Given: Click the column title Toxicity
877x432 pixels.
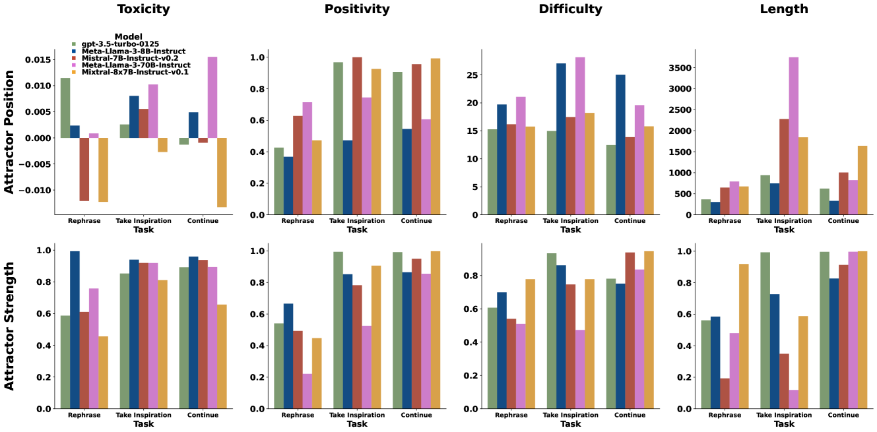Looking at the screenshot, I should pyautogui.click(x=143, y=9).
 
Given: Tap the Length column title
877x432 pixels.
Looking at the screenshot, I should pyautogui.click(x=784, y=9).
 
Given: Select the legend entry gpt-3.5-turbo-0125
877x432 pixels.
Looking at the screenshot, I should pyautogui.click(x=115, y=44).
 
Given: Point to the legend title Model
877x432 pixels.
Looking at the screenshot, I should pyautogui.click(x=128, y=36).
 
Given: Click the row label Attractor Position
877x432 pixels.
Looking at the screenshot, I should pyautogui.click(x=9, y=132).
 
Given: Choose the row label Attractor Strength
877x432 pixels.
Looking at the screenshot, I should pyautogui.click(x=9, y=326).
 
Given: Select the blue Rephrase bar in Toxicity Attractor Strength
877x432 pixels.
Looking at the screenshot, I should pyautogui.click(x=75, y=330).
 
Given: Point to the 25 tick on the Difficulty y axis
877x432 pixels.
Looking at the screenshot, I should pyautogui.click(x=471, y=75).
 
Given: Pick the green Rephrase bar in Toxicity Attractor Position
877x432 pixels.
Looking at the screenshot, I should pyautogui.click(x=65, y=108).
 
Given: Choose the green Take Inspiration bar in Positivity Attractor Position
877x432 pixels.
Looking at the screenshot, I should pyautogui.click(x=338, y=139).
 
